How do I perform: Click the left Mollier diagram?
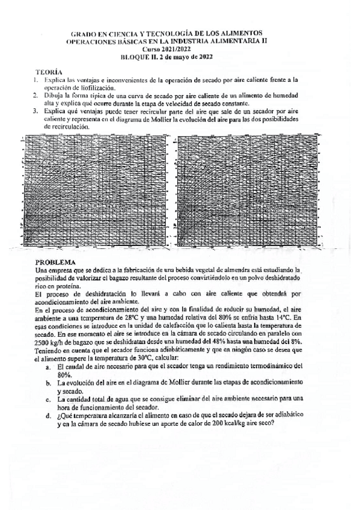[97, 191]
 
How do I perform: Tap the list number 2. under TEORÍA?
[36, 95]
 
